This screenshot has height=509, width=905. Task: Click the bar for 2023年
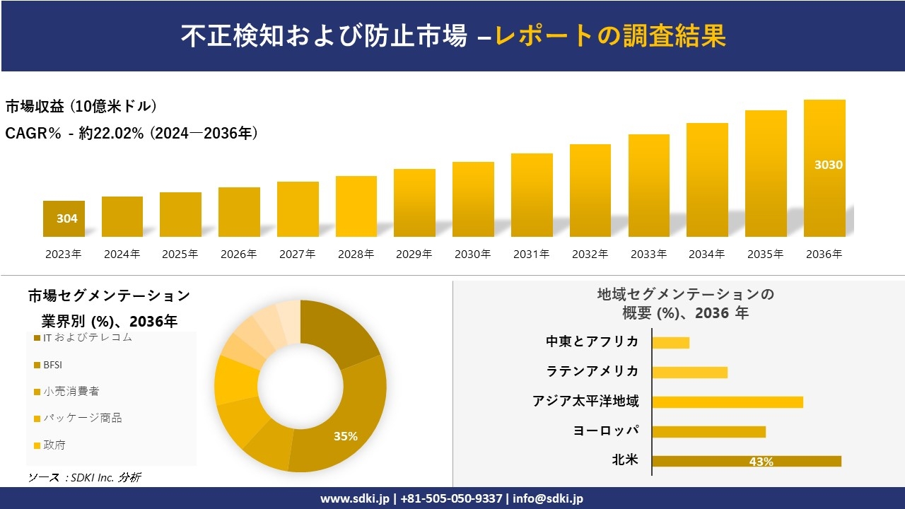(64, 218)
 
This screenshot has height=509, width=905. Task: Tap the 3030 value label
(828, 165)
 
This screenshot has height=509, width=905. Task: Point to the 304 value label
(67, 218)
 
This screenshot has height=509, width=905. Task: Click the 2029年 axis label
(414, 255)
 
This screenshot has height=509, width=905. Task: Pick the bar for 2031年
(531, 195)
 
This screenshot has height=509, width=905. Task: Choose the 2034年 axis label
(706, 255)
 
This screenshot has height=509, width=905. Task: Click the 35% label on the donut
(346, 436)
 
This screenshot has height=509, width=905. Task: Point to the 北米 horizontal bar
(746, 461)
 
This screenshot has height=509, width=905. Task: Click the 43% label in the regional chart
(761, 462)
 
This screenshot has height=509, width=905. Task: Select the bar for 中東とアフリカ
(670, 342)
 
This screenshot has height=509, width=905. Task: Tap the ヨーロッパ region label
(606, 431)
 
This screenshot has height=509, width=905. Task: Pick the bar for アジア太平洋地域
(728, 402)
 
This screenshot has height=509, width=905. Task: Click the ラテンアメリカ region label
(592, 372)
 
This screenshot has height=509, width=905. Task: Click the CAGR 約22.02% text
(132, 133)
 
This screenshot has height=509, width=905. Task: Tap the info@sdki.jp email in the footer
(548, 498)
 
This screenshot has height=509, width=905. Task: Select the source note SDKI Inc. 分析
(85, 478)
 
